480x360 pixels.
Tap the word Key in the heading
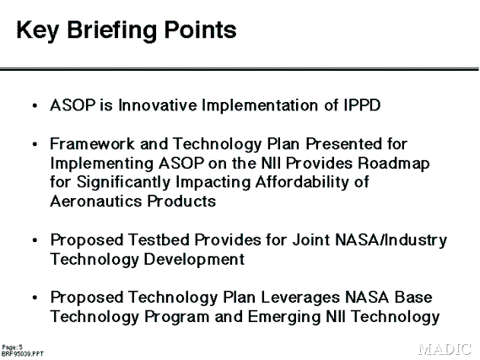[x=37, y=30]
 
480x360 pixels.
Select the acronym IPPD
[x=362, y=105]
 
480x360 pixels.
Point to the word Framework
[x=92, y=143]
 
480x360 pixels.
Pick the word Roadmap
[x=394, y=164]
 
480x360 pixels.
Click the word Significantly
[x=123, y=183]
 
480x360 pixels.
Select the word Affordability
[x=303, y=183]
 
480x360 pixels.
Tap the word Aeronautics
[x=96, y=201]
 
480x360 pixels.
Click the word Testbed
[x=159, y=239]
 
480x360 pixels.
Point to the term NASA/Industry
[x=391, y=240]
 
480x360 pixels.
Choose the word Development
[x=194, y=260]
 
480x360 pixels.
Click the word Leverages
[x=300, y=298]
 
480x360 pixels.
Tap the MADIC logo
[x=445, y=349]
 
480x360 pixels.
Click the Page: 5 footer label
[x=13, y=347]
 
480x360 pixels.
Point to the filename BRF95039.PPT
[x=23, y=354]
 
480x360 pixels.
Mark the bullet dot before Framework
[x=35, y=144]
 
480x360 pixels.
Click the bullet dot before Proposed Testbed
[x=35, y=240]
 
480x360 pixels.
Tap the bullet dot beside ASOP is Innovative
[x=35, y=106]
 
